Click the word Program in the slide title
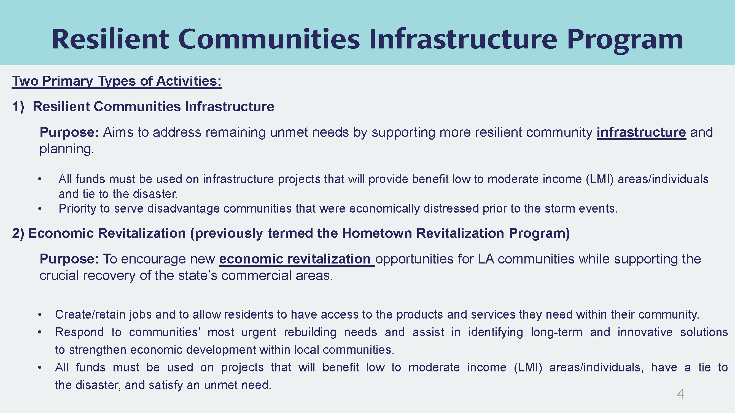point(625,40)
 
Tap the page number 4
point(680,394)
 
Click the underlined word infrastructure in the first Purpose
point(641,132)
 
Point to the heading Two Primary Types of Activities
point(117,81)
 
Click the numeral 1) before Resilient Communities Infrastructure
point(18,107)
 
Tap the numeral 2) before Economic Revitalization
point(18,233)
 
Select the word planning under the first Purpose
point(67,149)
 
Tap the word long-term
point(556,332)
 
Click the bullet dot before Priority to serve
point(40,209)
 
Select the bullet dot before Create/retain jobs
point(40,315)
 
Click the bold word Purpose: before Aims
point(69,132)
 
